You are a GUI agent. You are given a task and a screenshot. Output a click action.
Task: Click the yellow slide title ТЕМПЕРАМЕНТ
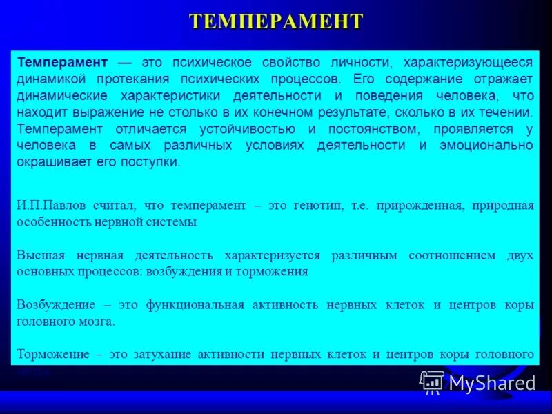click(x=276, y=21)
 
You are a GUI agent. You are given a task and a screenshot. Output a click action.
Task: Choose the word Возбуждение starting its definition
click(x=55, y=305)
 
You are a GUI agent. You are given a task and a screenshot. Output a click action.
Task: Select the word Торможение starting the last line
click(x=53, y=355)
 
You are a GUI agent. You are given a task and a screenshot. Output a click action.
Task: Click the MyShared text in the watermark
click(x=492, y=383)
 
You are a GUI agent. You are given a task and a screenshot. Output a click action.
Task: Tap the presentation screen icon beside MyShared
click(x=433, y=382)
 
